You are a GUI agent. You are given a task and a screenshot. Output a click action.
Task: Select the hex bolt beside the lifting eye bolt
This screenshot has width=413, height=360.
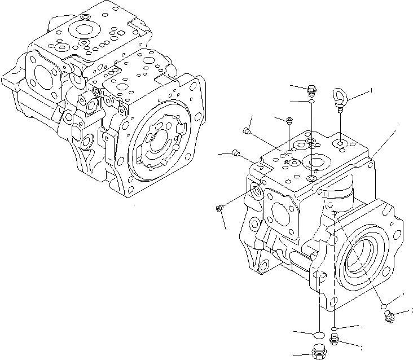(x=311, y=89)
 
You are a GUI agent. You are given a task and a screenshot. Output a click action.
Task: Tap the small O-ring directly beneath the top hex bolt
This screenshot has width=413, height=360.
(x=311, y=101)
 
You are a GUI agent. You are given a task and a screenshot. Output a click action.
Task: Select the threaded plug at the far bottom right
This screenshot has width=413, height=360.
(x=388, y=319)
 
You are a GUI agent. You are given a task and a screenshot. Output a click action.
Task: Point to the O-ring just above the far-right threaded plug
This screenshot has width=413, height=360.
(x=384, y=305)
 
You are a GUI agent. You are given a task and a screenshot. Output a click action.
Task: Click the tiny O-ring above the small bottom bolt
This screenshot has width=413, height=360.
(x=335, y=328)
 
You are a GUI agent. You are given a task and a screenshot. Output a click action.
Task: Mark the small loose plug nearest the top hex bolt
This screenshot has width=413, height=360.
(x=289, y=119)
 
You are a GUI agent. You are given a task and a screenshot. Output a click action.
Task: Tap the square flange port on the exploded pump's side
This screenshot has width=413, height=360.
(x=280, y=213)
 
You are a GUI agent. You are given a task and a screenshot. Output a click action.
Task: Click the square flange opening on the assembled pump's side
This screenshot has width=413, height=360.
(x=42, y=77)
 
